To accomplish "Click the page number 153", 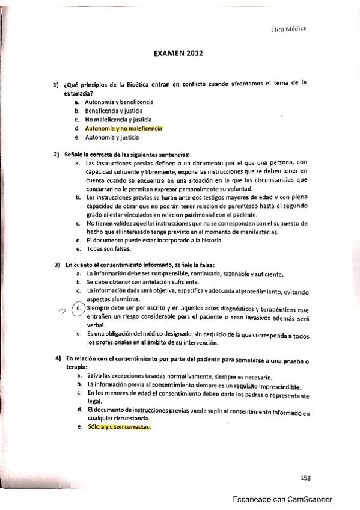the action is (x=305, y=478).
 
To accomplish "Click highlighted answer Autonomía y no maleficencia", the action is (x=124, y=129).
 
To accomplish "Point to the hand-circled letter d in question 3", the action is (x=78, y=310).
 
